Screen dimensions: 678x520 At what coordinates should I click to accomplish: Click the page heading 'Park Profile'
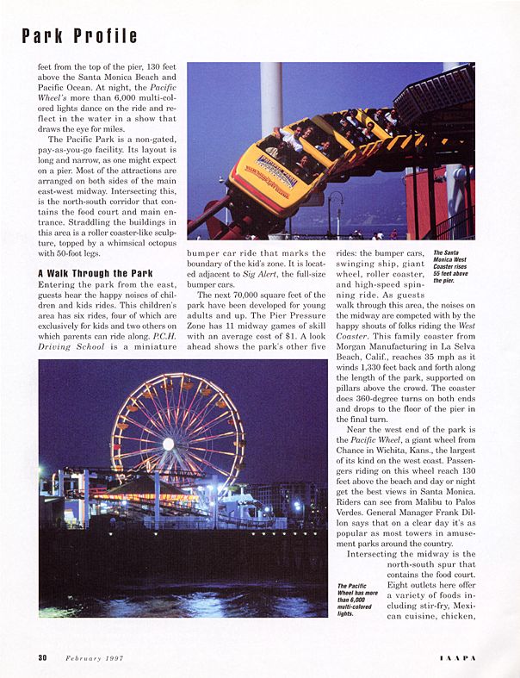[79, 35]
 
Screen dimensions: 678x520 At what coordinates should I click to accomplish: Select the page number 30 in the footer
[42, 657]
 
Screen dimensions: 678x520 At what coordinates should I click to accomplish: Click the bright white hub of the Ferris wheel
[168, 444]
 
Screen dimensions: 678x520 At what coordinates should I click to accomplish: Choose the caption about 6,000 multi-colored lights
[356, 601]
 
